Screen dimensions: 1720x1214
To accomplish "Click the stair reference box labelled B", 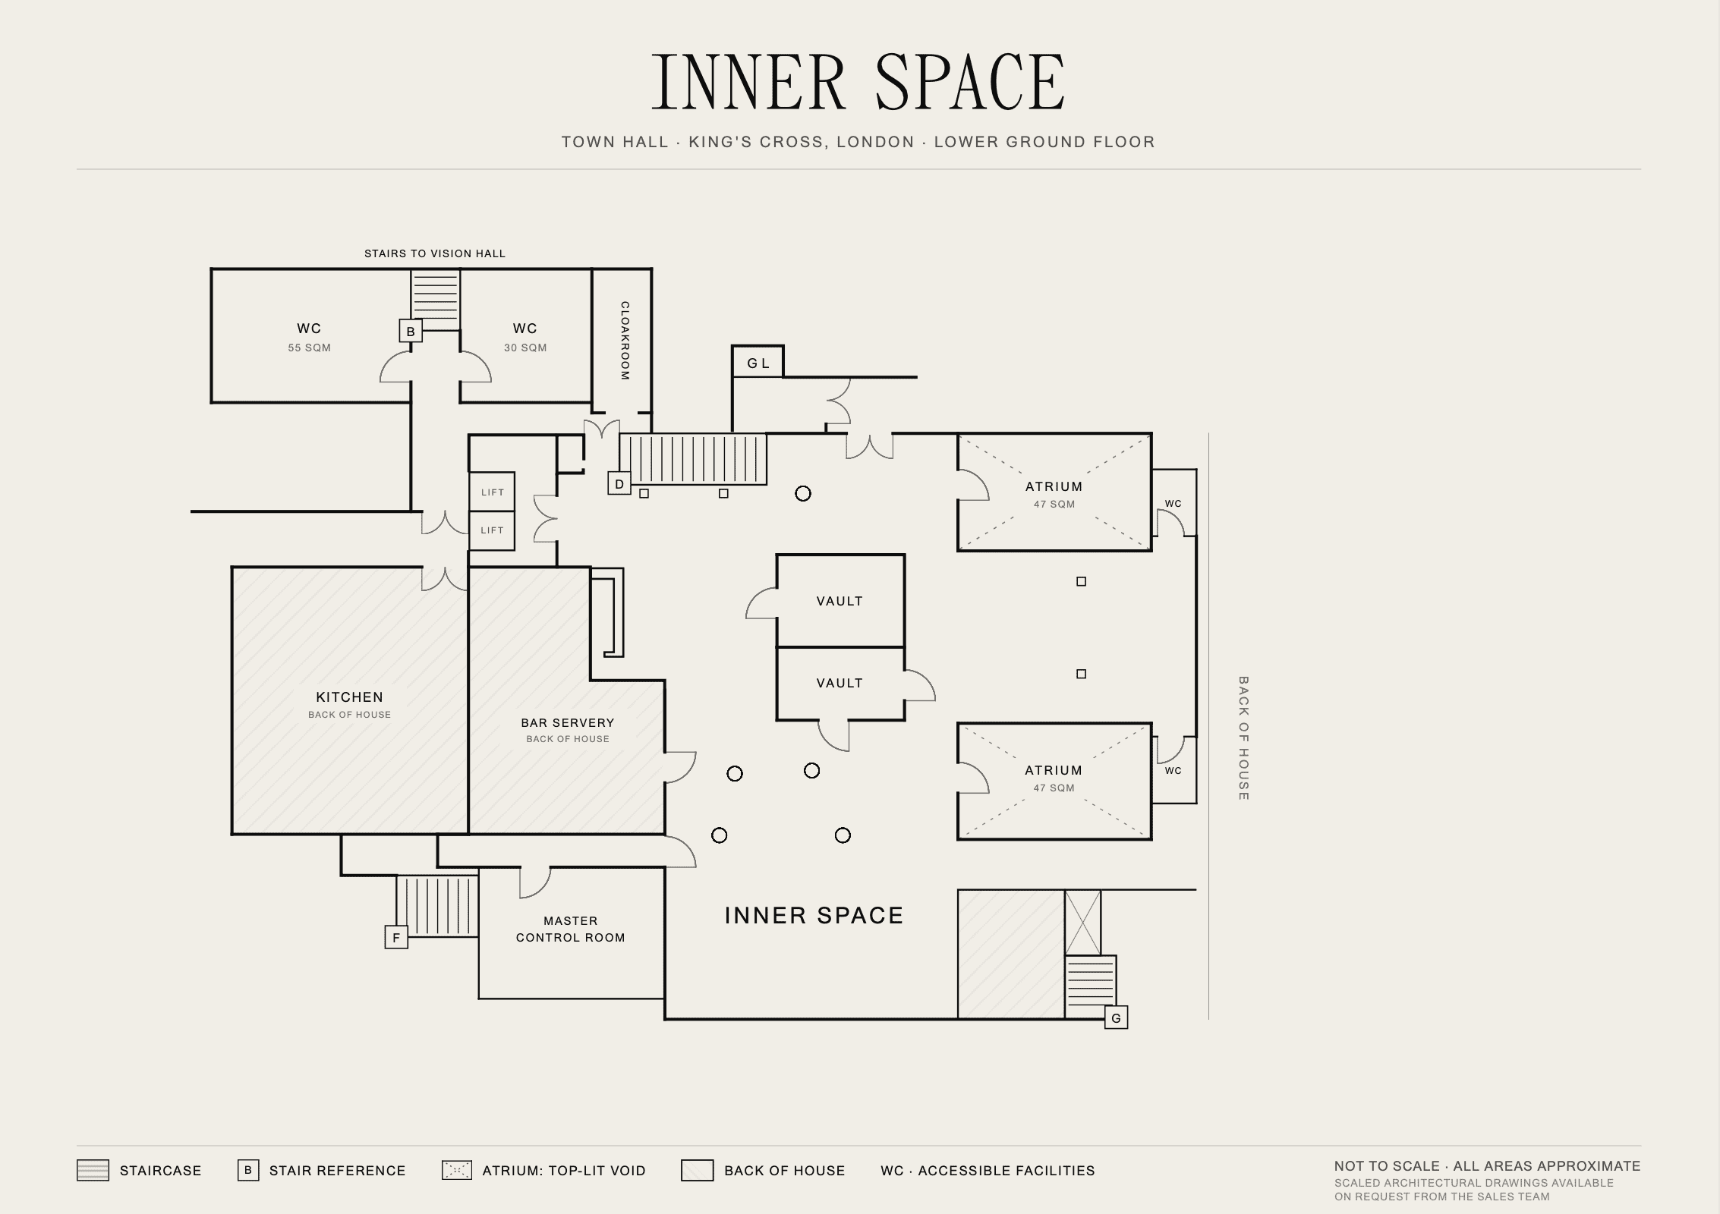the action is (x=411, y=332).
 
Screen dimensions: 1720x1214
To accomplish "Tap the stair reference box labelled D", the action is (x=619, y=484).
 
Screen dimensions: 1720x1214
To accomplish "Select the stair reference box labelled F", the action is (x=396, y=938).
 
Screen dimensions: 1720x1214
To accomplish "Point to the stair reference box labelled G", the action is (x=1116, y=1017).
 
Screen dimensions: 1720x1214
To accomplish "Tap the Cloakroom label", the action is (x=625, y=341).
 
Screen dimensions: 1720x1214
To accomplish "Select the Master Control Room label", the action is (x=571, y=929).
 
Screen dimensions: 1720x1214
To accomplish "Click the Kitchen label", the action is (x=350, y=697).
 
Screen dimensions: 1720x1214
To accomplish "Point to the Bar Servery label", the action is (x=568, y=723).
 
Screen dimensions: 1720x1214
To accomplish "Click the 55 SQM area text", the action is (x=310, y=348).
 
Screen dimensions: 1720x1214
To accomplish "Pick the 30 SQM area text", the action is (x=525, y=348).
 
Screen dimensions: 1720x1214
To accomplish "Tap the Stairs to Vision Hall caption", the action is (x=435, y=253).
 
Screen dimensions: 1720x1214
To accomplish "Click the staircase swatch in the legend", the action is (x=93, y=1171).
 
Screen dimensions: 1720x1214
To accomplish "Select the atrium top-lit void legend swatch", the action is (x=457, y=1171).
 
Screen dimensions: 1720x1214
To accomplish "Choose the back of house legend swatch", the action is (x=697, y=1171).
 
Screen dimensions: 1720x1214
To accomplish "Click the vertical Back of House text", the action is (x=1243, y=738).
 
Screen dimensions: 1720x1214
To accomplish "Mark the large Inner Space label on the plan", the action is (x=814, y=916).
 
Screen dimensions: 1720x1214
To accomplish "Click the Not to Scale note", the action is (x=1488, y=1166).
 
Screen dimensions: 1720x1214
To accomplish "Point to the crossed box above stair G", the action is (x=1082, y=923).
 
